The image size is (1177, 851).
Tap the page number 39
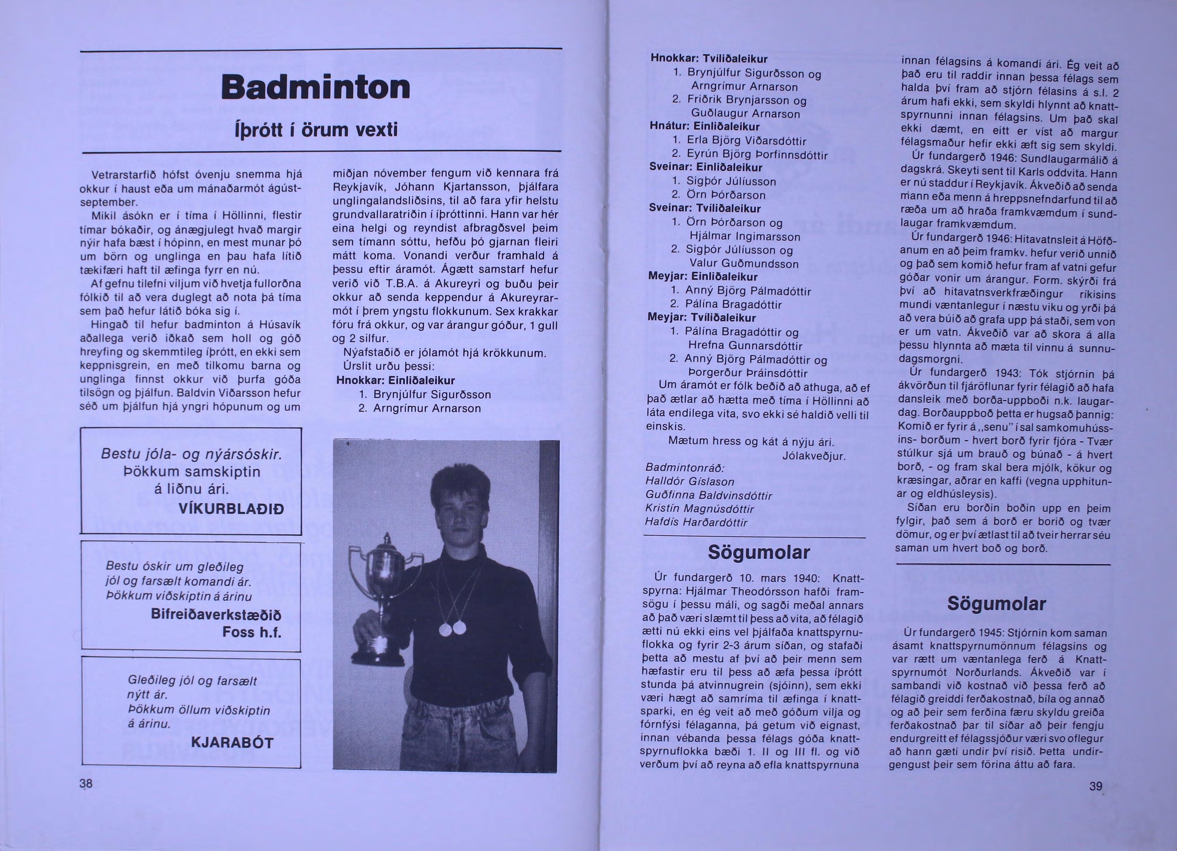[x=1096, y=786]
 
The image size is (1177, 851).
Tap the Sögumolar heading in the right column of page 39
[x=996, y=604]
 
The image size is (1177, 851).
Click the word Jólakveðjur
[x=814, y=456]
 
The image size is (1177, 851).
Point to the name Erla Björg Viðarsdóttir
[x=746, y=141]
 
